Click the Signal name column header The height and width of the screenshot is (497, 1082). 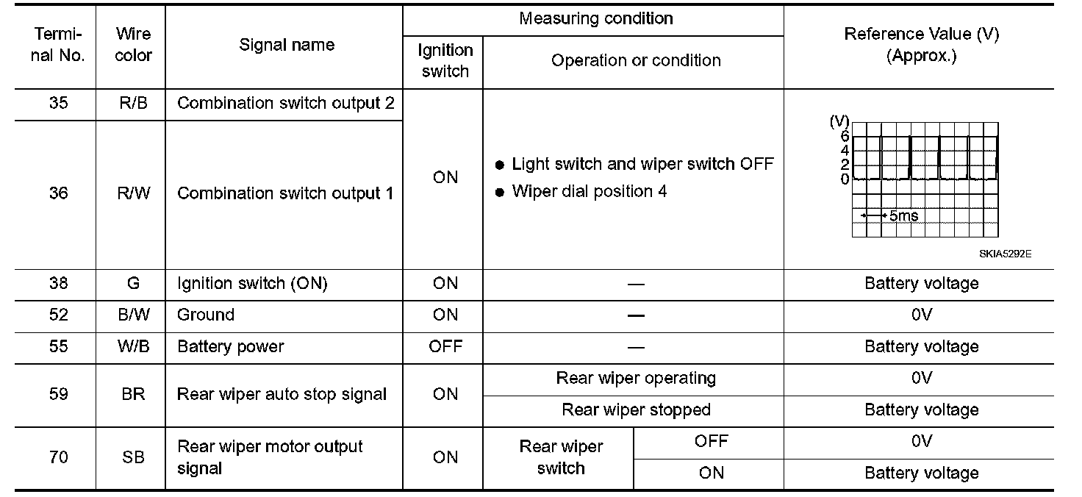tap(287, 45)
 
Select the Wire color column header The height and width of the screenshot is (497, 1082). tap(134, 45)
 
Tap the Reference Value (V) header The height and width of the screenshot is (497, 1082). tap(921, 45)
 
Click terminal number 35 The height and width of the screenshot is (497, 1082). tap(58, 103)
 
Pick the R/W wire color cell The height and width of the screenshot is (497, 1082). tap(133, 193)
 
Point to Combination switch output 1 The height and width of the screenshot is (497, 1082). tap(285, 193)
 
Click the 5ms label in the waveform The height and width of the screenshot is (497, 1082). tap(903, 216)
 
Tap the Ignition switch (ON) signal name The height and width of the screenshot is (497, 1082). tap(252, 284)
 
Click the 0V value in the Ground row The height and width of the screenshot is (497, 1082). tap(921, 315)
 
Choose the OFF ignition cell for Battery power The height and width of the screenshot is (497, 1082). tap(445, 346)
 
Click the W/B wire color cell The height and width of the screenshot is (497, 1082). tap(133, 346)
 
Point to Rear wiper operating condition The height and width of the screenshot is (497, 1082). tap(636, 379)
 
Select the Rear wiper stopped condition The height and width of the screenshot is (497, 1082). tap(636, 410)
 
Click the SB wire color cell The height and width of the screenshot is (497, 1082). tap(133, 457)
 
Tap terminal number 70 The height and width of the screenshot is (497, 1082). tap(58, 457)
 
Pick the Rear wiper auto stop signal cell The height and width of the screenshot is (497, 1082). tap(282, 395)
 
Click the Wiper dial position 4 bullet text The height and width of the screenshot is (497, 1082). tap(589, 192)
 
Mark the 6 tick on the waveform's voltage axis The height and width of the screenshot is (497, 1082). tap(845, 136)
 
